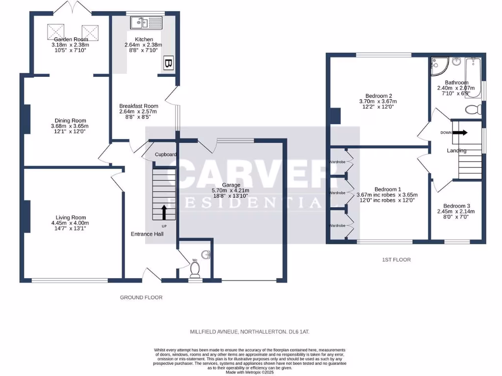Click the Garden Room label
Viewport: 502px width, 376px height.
[x=71, y=39]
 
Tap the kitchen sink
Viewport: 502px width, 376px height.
[x=146, y=22]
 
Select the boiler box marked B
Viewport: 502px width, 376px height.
[x=168, y=64]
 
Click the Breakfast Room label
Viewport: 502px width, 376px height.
[x=139, y=106]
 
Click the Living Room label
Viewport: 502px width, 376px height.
[x=71, y=217]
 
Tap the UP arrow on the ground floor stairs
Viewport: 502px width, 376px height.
[x=164, y=212]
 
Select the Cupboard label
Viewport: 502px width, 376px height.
[x=166, y=155]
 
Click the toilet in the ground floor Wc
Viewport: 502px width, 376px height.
[x=195, y=269]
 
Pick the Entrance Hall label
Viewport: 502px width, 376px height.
[x=147, y=234]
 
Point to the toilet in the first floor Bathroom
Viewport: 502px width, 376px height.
[x=473, y=109]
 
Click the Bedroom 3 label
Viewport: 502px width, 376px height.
[x=456, y=206]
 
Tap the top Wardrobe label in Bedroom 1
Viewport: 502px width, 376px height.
[x=337, y=162]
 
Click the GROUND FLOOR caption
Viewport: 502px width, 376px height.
[x=141, y=297]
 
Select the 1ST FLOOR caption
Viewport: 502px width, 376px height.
[x=396, y=259]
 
